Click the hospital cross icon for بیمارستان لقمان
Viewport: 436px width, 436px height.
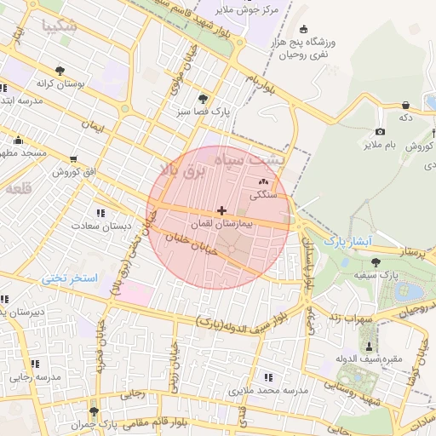point(222,209)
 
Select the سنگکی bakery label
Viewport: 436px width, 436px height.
point(262,194)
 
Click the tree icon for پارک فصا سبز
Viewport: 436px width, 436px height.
point(202,99)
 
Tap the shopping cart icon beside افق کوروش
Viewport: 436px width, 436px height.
point(73,158)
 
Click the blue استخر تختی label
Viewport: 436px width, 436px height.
point(71,278)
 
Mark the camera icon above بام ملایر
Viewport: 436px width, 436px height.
point(380,131)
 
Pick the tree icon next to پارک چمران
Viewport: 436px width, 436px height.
point(106,410)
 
